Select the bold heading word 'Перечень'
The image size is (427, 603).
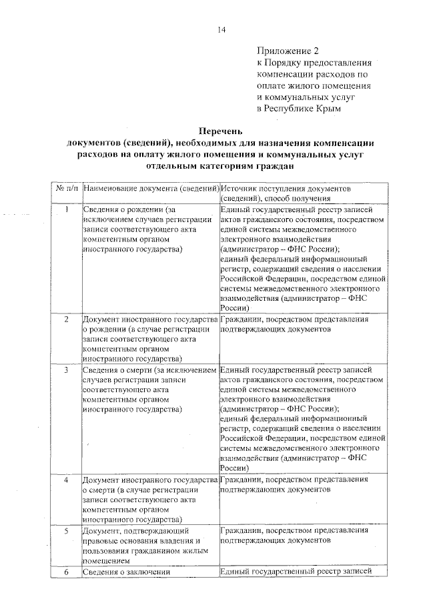(x=220, y=130)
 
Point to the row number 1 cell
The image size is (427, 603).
(x=67, y=211)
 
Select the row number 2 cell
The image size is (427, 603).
(x=67, y=320)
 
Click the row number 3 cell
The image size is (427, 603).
(x=67, y=370)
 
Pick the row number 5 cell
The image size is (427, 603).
(x=67, y=531)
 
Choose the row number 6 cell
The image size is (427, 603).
(x=67, y=572)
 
